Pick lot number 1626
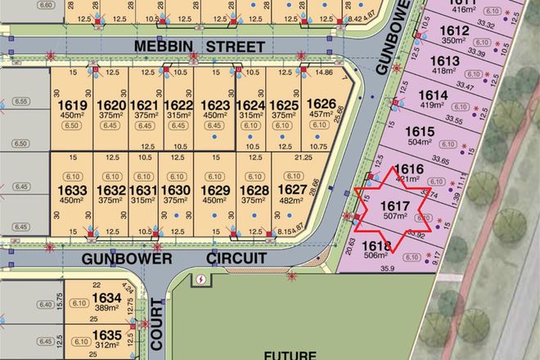point(322,103)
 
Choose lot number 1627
point(286,187)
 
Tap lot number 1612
point(454,31)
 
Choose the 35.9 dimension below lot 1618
point(388,268)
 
